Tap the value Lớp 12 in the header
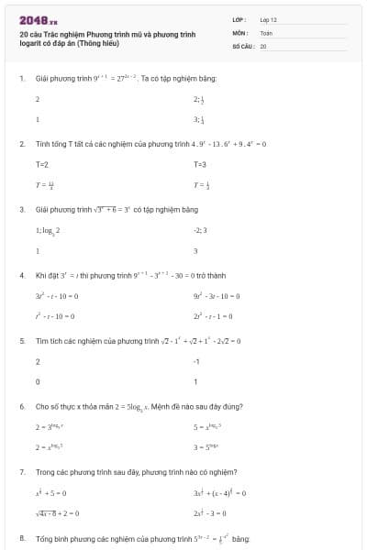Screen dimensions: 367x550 point(268,18)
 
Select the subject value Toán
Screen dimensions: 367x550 point(266,32)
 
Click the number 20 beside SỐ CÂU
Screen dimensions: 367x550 point(263,45)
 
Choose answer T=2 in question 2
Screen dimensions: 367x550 point(41,163)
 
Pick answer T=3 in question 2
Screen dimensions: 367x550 point(200,163)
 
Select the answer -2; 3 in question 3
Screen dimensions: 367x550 point(201,230)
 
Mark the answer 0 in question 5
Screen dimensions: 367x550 point(38,381)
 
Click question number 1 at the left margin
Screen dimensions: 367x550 point(21,79)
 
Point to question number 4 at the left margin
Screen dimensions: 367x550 point(21,275)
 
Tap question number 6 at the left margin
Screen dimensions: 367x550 point(21,406)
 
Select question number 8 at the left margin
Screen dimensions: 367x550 point(21,537)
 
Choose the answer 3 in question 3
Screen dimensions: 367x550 point(196,250)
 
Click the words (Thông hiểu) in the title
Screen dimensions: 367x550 point(99,43)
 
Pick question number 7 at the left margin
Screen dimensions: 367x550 point(21,471)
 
